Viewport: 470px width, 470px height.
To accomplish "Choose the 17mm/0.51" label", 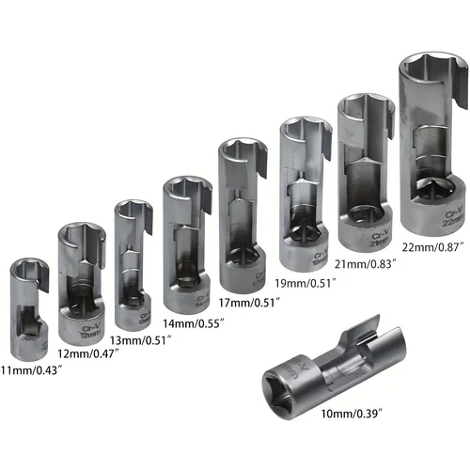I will [x=249, y=302].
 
